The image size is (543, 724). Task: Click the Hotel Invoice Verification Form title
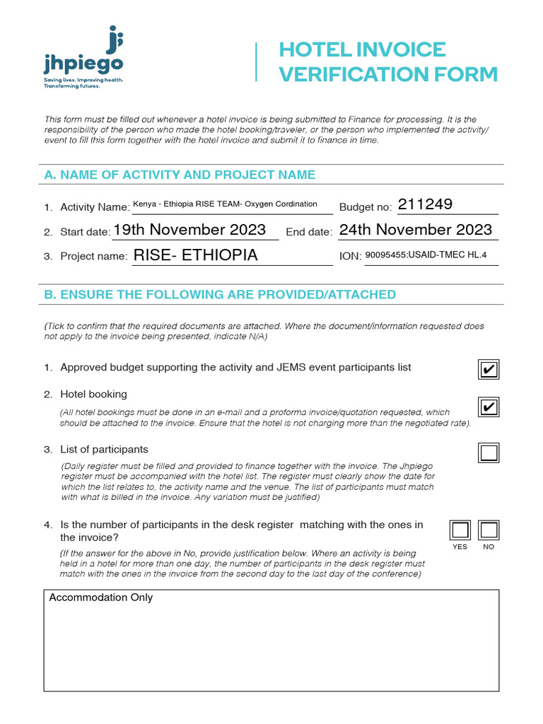388,62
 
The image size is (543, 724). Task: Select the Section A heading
180,175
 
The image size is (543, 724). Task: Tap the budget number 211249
425,205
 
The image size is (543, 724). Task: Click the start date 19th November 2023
189,230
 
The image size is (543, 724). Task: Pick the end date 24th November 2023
416,230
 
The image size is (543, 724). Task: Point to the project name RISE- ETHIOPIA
196,255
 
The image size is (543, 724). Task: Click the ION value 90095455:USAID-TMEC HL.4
426,255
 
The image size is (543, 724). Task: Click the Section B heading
220,294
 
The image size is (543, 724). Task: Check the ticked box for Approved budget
488,369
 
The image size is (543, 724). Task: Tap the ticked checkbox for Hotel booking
488,408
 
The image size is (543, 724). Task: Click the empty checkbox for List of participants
488,452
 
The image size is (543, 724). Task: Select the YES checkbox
460,530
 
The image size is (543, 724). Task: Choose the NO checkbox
489,530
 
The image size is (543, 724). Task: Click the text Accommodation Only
100,598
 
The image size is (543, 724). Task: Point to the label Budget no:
365,207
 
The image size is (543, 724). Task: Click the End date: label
308,233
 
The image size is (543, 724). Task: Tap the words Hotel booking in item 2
93,394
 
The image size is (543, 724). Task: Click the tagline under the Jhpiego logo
83,83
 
